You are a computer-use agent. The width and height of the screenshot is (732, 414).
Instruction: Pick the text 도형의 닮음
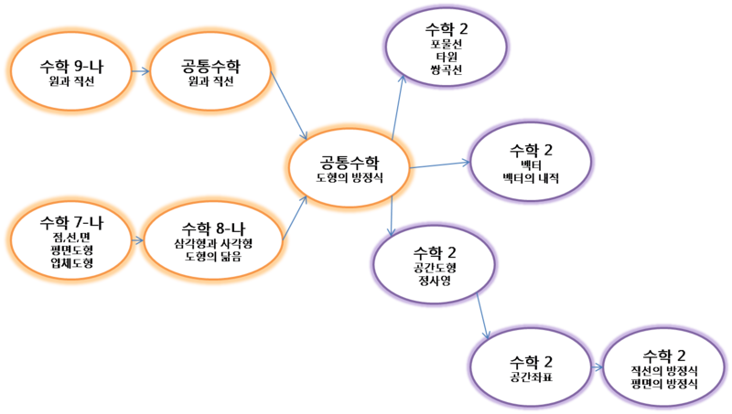pos(212,257)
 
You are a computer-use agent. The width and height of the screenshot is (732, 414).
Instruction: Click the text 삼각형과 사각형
pos(212,244)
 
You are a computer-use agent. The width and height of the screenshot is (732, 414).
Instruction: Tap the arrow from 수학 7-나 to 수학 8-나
pos(137,240)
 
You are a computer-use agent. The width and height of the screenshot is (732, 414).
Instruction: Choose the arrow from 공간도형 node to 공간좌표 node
pos(483,322)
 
